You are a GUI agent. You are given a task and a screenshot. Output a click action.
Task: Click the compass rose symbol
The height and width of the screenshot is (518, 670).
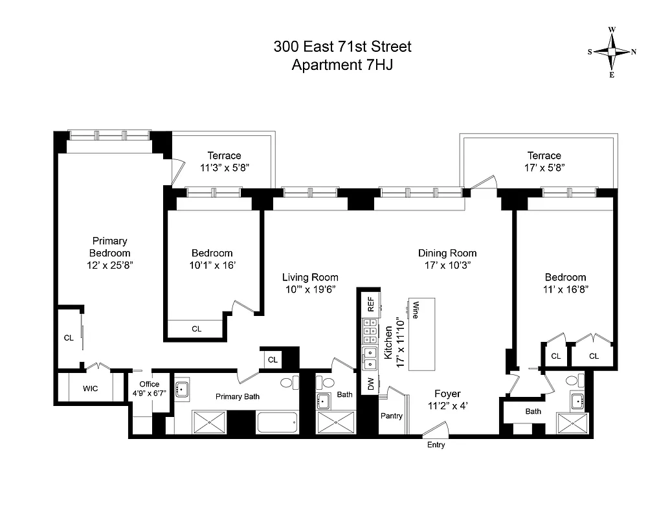[x=612, y=52]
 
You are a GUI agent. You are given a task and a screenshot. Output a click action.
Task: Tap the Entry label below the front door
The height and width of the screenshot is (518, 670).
[x=436, y=445]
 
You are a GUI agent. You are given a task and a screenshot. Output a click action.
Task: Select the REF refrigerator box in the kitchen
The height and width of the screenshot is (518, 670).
[x=371, y=305]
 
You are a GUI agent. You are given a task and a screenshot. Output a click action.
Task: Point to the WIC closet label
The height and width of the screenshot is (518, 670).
[x=90, y=388]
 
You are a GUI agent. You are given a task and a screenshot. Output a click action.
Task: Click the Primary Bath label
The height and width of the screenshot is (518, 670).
[x=238, y=396]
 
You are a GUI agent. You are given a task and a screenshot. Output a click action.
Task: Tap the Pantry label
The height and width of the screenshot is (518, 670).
[x=391, y=416]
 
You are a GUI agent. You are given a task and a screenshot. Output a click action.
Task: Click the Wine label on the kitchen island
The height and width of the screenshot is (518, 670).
[x=415, y=310]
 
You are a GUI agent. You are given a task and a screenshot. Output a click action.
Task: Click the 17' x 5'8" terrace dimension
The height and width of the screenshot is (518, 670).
[x=544, y=167]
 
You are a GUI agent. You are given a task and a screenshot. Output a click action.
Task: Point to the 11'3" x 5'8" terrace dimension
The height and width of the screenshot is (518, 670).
[x=225, y=167]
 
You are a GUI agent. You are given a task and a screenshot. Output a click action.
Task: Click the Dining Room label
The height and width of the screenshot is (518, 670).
[x=447, y=253]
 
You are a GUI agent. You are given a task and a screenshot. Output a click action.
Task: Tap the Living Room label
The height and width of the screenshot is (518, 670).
[x=310, y=277]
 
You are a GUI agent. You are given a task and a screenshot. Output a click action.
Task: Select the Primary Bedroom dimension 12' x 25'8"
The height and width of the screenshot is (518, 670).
[x=109, y=265]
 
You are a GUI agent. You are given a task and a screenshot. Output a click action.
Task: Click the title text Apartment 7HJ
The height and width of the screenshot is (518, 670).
[x=342, y=65]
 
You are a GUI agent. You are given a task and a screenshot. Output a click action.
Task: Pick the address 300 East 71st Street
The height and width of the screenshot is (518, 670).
[x=342, y=47]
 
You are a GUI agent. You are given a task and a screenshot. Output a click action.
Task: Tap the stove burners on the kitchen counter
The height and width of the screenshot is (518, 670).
[x=371, y=333]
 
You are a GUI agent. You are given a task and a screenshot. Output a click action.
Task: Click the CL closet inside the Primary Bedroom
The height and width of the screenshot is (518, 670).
[x=68, y=337]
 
